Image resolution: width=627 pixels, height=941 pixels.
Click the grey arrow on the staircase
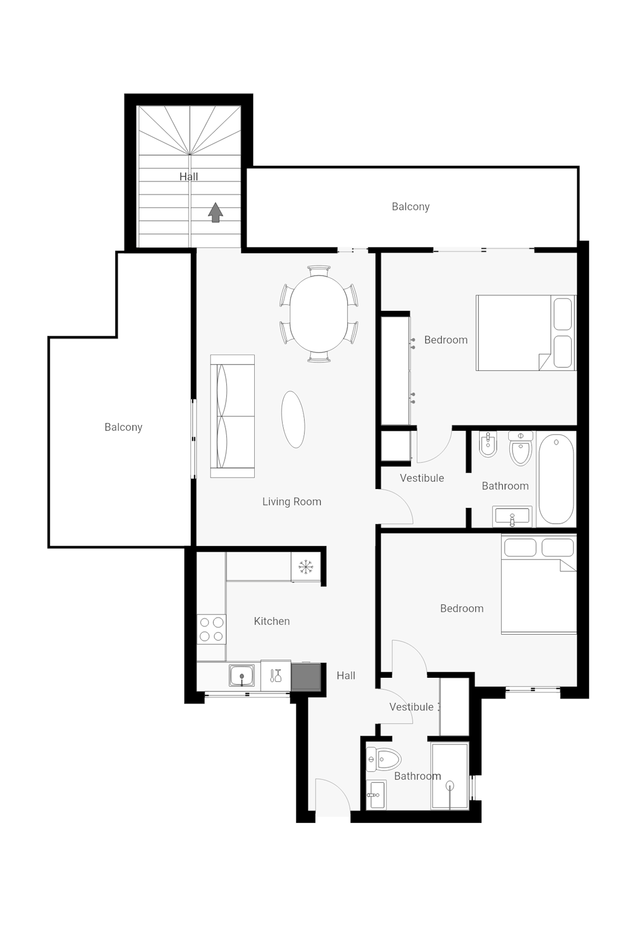tap(216, 212)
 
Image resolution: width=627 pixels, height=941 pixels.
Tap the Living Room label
tap(292, 501)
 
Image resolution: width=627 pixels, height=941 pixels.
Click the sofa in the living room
tap(232, 416)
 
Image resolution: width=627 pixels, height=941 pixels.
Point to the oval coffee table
tap(293, 419)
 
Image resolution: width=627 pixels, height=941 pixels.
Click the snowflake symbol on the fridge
tap(306, 567)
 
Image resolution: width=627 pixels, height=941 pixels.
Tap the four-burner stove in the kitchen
tap(211, 629)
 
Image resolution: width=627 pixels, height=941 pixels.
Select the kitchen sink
tap(242, 676)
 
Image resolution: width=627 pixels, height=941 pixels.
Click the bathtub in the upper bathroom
tap(556, 479)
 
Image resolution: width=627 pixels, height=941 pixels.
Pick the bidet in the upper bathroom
tap(488, 444)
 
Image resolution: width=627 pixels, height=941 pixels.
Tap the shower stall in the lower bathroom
tap(450, 776)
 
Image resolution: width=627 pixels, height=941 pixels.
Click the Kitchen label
tap(272, 621)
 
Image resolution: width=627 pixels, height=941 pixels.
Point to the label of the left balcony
tap(123, 427)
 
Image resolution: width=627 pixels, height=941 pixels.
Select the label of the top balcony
tap(410, 207)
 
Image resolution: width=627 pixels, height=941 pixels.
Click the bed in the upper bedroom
tap(525, 333)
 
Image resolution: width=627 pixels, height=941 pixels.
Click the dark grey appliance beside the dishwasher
tap(306, 676)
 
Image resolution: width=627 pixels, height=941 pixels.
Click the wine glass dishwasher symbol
tap(275, 676)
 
